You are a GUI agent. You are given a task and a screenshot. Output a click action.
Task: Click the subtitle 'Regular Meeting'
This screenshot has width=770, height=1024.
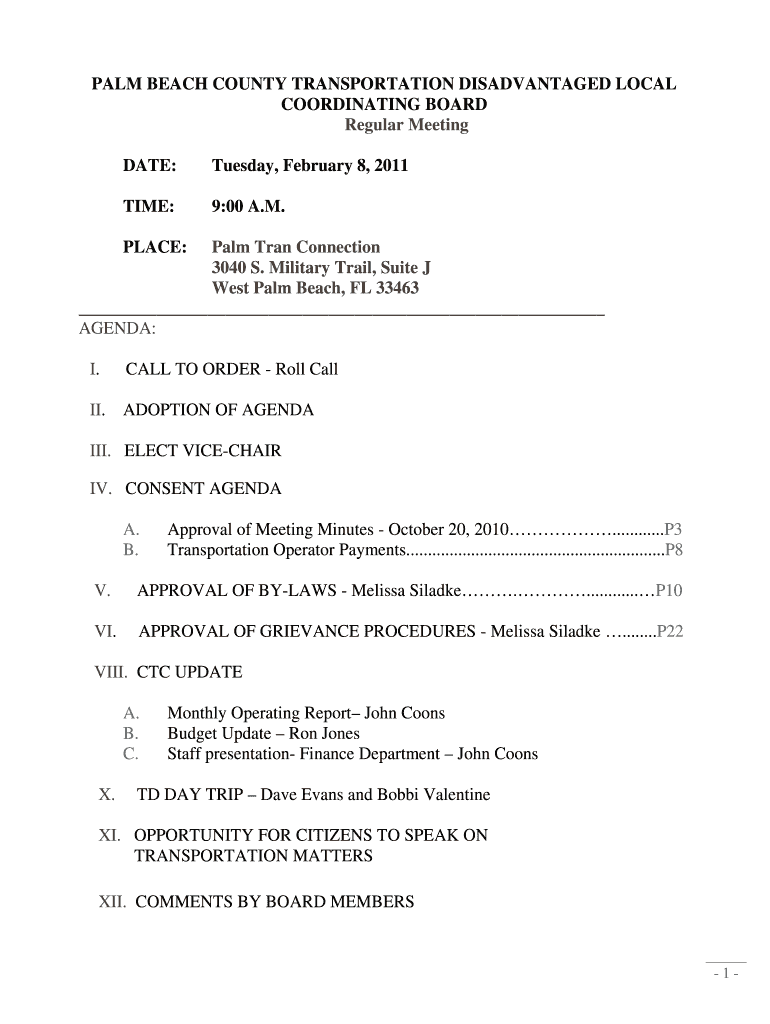406,125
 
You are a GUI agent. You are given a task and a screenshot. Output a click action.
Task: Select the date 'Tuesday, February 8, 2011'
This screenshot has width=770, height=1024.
309,165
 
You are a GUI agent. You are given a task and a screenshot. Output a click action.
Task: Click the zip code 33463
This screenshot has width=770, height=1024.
394,288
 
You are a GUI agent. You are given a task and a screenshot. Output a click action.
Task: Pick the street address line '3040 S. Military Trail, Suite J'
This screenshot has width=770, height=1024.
321,268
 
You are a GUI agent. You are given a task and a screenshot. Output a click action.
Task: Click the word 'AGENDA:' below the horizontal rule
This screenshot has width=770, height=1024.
116,328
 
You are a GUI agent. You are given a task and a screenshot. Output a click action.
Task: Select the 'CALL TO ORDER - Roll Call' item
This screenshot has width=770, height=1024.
232,369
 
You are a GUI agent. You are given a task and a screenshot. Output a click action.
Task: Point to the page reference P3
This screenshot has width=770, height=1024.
673,530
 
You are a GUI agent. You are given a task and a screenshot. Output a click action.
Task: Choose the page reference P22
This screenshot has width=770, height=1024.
669,632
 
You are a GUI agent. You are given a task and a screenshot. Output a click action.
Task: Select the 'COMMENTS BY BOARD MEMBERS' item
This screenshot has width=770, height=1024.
274,902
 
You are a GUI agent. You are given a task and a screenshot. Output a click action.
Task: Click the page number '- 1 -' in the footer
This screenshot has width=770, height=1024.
725,974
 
